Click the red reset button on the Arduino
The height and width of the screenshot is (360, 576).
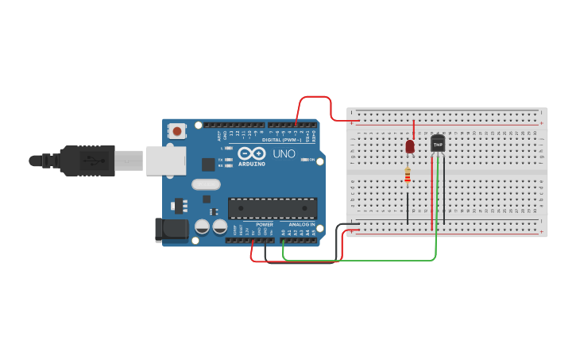[177, 130]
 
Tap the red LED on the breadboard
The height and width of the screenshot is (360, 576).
[410, 146]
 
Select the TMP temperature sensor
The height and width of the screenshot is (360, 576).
[438, 143]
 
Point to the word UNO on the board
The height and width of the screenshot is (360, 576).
[284, 153]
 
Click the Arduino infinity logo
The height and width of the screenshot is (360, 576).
[252, 153]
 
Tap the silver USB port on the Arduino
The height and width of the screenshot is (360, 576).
[164, 160]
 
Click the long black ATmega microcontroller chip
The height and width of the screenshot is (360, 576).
[273, 208]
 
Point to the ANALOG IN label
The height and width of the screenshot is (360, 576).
[301, 225]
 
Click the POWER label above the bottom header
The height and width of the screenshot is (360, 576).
[265, 225]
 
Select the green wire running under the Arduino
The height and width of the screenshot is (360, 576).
[358, 260]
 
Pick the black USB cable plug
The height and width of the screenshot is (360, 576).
[87, 160]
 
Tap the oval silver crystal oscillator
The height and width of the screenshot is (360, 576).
[205, 184]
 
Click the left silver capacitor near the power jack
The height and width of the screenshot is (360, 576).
[203, 227]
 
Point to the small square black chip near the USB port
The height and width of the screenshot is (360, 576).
[208, 164]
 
